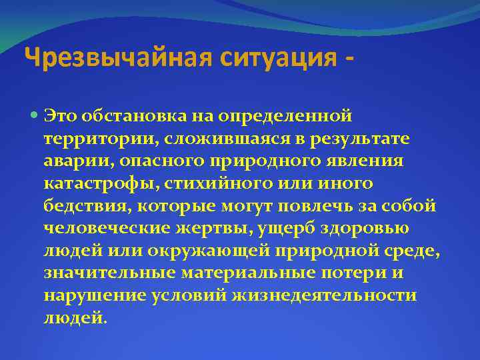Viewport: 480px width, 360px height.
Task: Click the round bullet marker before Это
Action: click(x=35, y=117)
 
